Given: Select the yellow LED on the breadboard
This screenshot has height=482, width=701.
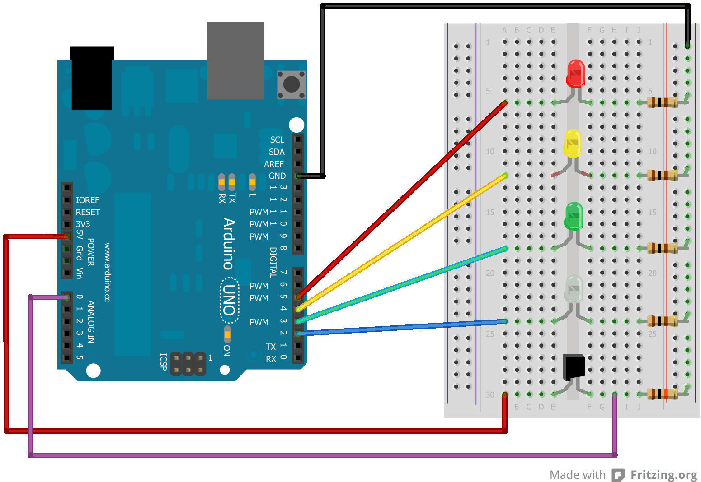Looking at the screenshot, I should (x=573, y=144).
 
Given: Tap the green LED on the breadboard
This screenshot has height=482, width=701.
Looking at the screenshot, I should (x=574, y=216).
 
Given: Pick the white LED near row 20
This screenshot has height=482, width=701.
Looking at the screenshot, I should (x=574, y=289).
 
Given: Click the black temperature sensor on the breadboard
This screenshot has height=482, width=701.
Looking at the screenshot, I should (x=574, y=366).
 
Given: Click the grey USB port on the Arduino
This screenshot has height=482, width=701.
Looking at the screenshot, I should (x=235, y=60).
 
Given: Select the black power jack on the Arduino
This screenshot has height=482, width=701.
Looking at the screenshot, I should (x=92, y=79).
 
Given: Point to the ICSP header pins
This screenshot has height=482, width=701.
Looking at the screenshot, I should (x=188, y=364).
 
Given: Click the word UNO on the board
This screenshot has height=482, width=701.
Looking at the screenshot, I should (x=230, y=300).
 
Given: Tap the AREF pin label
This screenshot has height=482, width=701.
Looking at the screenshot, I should (x=274, y=164).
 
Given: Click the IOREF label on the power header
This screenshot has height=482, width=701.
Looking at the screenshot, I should (x=87, y=200).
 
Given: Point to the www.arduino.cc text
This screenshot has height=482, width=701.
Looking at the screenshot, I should (x=107, y=272).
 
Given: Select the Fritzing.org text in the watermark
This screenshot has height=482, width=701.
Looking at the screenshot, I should (x=663, y=475).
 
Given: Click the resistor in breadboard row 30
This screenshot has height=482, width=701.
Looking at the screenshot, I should (x=662, y=394).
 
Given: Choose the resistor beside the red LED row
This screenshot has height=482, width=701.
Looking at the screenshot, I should (x=662, y=102).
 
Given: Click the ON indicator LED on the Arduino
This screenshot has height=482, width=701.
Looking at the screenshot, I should (x=227, y=334).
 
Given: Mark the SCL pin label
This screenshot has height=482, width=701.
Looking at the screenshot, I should (x=277, y=140).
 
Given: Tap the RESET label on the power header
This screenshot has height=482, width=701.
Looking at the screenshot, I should (x=88, y=212).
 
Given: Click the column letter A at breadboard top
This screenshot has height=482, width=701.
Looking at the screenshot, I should (x=504, y=30).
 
